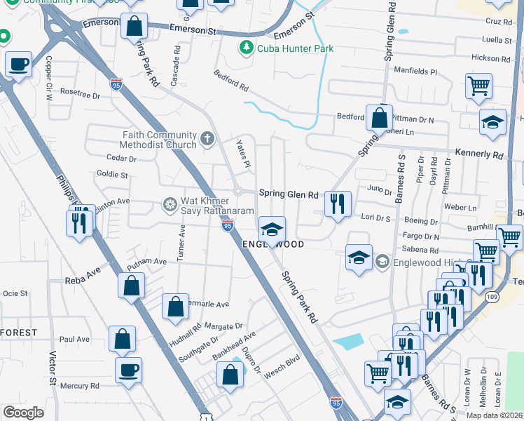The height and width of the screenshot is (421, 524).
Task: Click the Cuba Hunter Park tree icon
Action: [x=246, y=48]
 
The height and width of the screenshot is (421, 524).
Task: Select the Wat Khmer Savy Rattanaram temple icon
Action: [x=170, y=205]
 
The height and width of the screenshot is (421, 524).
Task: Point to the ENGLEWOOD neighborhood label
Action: [x=273, y=244]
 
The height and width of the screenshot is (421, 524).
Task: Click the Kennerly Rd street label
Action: [x=479, y=154]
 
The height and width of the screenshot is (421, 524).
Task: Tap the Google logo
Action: [x=23, y=413]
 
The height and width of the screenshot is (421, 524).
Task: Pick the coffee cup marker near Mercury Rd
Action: [x=128, y=370]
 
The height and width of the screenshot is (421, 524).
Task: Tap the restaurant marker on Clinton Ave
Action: [x=78, y=222]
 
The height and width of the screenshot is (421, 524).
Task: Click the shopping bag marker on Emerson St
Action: [x=135, y=27]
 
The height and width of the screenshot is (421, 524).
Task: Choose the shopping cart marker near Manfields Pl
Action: [x=479, y=86]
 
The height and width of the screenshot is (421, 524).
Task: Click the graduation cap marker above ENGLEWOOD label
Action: [x=272, y=228]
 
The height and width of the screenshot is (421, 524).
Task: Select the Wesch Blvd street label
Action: [x=282, y=366]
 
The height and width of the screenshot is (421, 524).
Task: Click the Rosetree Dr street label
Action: [x=81, y=94]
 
